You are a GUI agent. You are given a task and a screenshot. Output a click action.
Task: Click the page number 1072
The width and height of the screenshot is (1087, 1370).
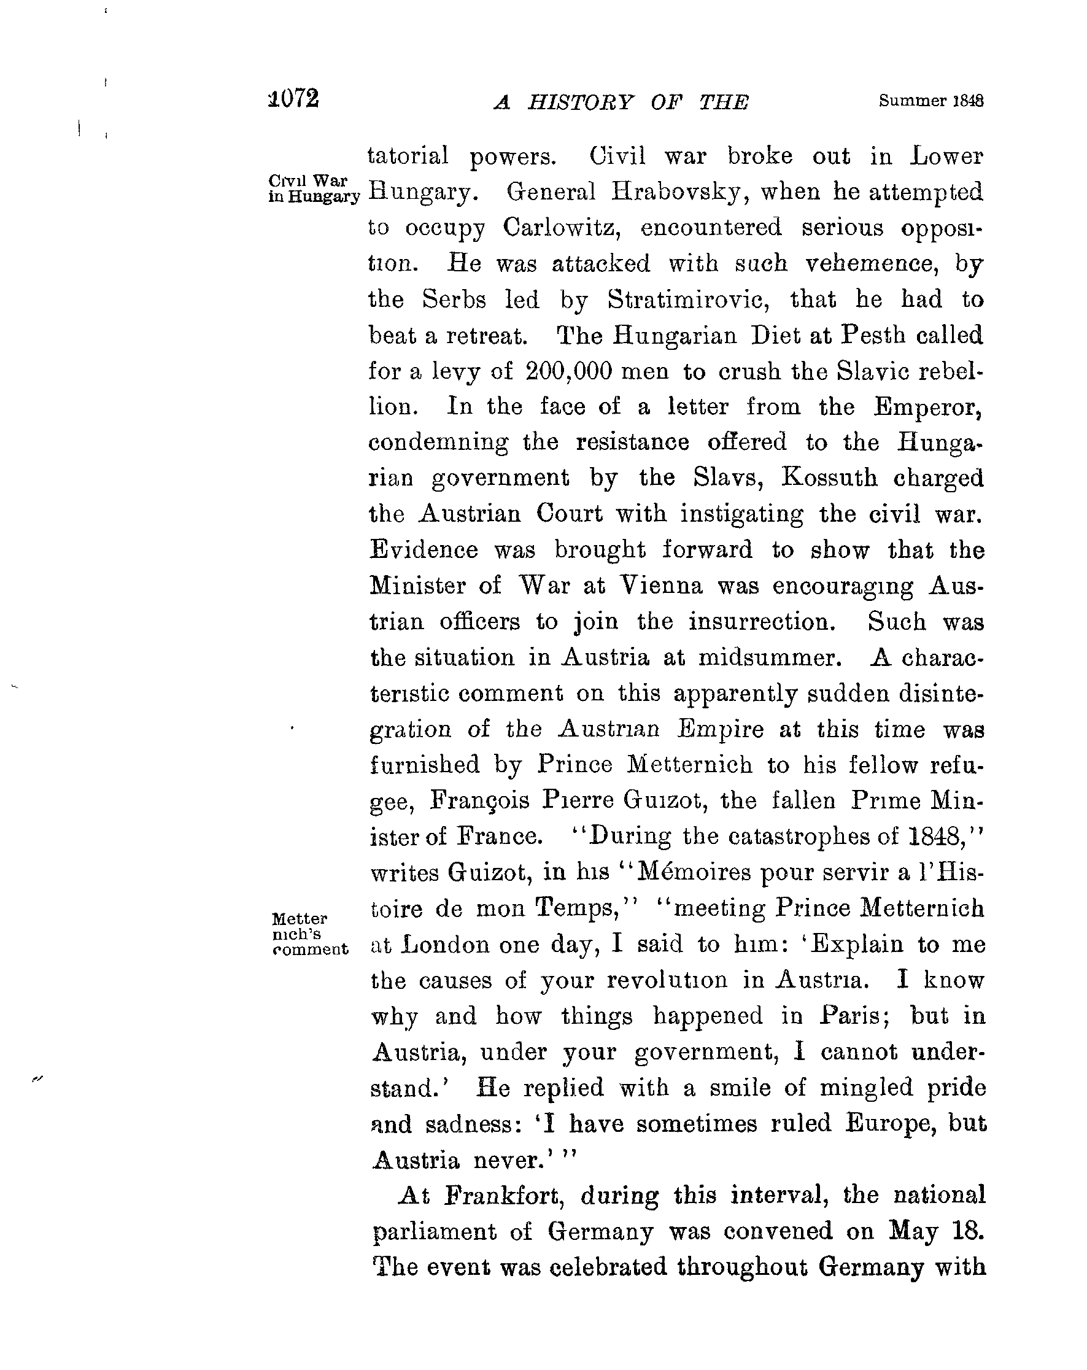(x=293, y=99)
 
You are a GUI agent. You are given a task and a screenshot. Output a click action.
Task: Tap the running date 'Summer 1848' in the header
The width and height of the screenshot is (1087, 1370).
(x=930, y=101)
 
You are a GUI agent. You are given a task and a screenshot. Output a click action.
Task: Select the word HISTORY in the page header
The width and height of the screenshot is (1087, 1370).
(x=580, y=103)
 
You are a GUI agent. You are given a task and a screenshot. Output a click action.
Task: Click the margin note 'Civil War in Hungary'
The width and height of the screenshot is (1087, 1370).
(x=313, y=188)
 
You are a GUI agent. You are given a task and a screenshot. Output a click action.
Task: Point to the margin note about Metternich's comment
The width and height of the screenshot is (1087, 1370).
(x=309, y=934)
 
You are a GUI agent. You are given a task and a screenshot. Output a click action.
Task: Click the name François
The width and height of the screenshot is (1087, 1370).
(x=479, y=800)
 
